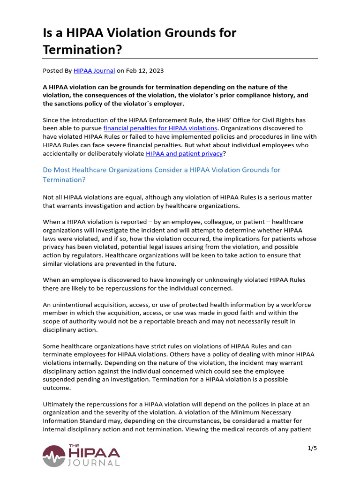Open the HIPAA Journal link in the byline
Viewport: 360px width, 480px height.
94,71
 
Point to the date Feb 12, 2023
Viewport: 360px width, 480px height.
144,71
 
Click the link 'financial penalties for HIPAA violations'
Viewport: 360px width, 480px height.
160,128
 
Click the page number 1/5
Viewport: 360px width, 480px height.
312,448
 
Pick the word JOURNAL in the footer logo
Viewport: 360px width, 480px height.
94,463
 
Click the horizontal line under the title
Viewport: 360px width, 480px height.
180,59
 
